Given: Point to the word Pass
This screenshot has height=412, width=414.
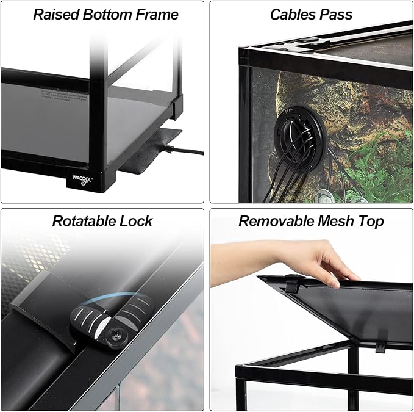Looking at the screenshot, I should [x=336, y=14].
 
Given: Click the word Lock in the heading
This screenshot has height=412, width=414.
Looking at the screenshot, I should [x=137, y=220].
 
